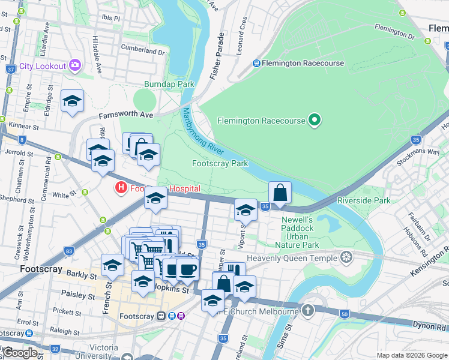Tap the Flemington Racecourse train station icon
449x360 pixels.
[x=256, y=63]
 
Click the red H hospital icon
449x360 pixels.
[x=121, y=188]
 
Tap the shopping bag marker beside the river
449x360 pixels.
[x=280, y=193]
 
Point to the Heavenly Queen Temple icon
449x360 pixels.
[x=346, y=257]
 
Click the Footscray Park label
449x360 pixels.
[x=220, y=163]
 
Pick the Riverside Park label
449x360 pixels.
[x=364, y=200]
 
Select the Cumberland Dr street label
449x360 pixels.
[x=142, y=52]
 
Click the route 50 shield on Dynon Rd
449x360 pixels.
[x=344, y=314]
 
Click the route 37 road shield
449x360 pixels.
[x=10, y=69]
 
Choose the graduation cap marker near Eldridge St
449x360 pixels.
[x=72, y=102]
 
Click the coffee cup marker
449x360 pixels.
[x=187, y=269]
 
